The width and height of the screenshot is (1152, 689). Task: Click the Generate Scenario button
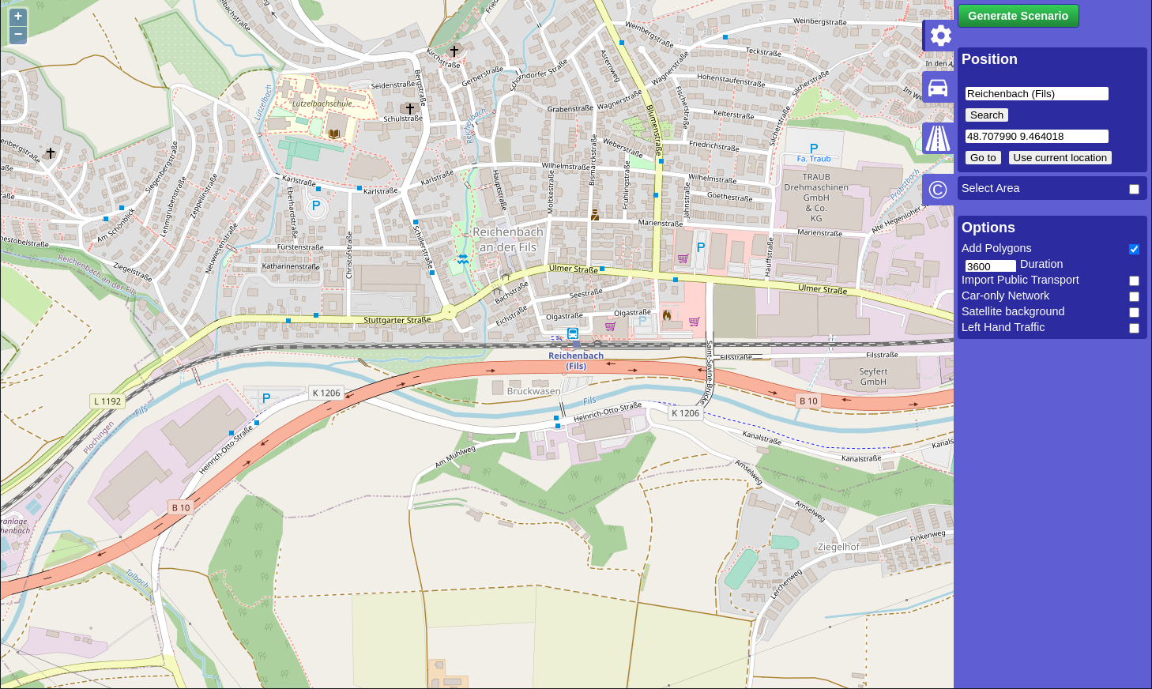coord(1018,16)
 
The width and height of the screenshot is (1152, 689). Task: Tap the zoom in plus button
coord(18,17)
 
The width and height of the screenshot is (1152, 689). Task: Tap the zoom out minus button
coord(18,35)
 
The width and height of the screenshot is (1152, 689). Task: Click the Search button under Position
coord(986,115)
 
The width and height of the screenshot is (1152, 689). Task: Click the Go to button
coord(983,158)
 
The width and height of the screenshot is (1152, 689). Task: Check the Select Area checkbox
coord(1134,189)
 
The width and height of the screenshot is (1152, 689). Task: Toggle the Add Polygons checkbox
coord(1134,249)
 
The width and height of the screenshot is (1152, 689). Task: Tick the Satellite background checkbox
coord(1134,312)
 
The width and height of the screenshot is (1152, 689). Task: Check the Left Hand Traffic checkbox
coord(1134,328)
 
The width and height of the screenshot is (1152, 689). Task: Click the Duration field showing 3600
coord(990,266)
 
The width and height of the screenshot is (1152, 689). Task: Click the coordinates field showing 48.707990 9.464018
coord(1036,137)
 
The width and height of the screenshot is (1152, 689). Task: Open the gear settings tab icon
coord(939,36)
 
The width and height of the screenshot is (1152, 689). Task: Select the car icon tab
coord(938,87)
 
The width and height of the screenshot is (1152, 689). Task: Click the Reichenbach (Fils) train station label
coord(576,360)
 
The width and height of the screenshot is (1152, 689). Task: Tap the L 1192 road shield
coord(107,401)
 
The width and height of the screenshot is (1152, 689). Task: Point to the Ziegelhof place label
coord(838,547)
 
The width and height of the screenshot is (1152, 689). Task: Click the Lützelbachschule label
coord(322,104)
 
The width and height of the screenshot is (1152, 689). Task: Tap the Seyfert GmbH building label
coord(873,377)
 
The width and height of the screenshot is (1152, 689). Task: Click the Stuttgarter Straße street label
coord(397,320)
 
